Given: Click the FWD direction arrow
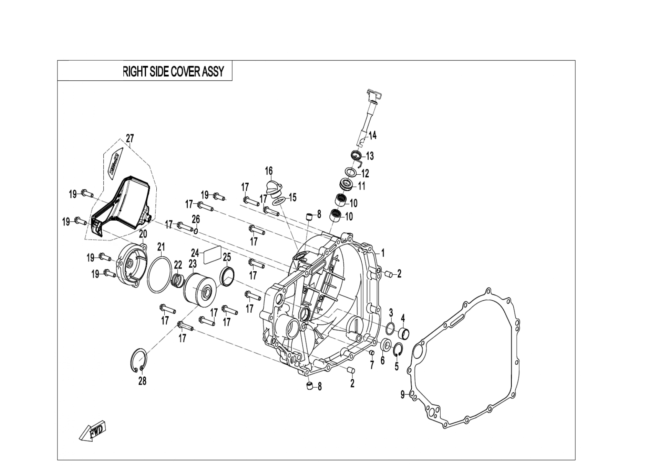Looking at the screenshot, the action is (x=92, y=431).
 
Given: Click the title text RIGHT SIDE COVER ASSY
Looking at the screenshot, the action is (x=173, y=71).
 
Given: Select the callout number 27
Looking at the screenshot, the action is (x=130, y=138).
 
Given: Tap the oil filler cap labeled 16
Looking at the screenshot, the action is (x=273, y=188).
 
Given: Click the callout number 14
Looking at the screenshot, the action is (x=372, y=135).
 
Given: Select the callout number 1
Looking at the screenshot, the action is (x=383, y=252).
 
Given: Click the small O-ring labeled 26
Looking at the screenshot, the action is (x=196, y=231).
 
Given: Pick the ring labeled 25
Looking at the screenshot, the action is (x=227, y=276).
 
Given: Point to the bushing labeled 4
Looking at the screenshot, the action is (x=404, y=333).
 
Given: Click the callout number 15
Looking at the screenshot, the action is (x=293, y=197).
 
